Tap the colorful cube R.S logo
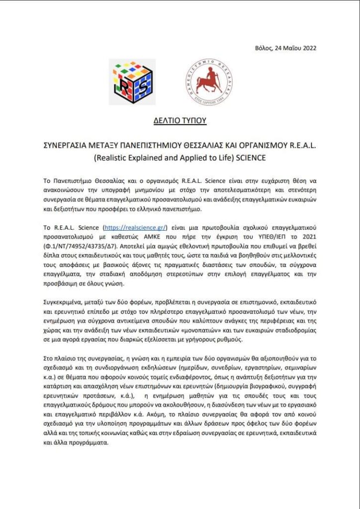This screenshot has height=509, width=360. pos(132,82)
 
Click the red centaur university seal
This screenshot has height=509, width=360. pos(209,82)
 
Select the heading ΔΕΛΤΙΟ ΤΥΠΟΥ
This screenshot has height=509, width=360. pos(180,121)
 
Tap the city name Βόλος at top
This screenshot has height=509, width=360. pos(264,48)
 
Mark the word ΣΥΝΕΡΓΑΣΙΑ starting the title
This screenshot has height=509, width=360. pos(65,144)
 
